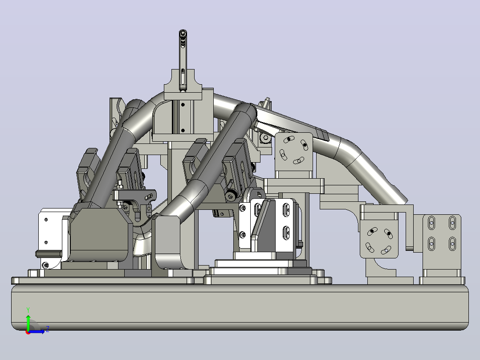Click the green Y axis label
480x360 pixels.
click(28, 310)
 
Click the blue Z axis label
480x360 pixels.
click(48, 329)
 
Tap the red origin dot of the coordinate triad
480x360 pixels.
click(28, 332)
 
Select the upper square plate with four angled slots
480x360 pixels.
click(293, 151)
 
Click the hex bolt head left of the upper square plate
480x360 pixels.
click(265, 138)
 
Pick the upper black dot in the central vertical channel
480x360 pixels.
click(183, 105)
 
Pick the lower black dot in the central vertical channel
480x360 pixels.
click(183, 131)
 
